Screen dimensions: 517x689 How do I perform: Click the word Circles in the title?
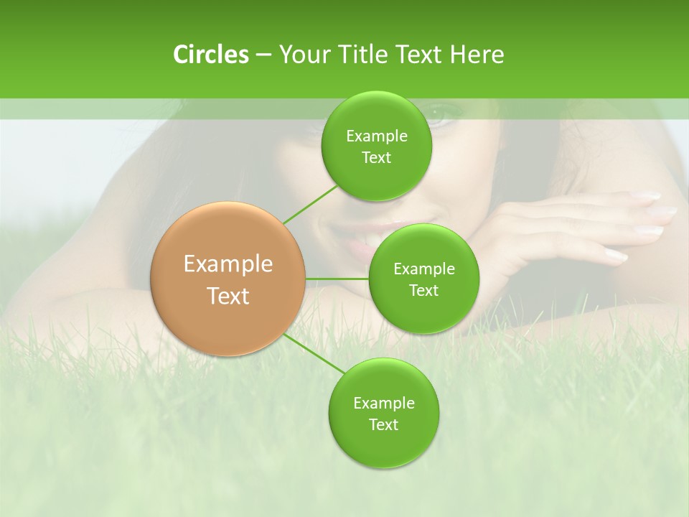pos(211,55)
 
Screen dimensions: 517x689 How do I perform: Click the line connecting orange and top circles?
pos(309,204)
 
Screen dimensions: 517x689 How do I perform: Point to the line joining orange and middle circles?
pos(337,278)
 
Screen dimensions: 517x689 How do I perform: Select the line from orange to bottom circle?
pos(314,354)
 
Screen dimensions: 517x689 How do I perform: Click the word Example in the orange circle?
pos(228,264)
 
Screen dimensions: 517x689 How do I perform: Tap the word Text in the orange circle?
pos(228,296)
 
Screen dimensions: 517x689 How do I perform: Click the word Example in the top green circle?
pos(376,136)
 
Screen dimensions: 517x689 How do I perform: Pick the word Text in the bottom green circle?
pos(383,424)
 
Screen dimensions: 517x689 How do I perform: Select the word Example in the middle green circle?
pos(423,269)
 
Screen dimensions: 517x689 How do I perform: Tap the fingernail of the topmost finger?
pos(647,195)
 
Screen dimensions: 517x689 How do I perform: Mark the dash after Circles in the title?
pos(263,55)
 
